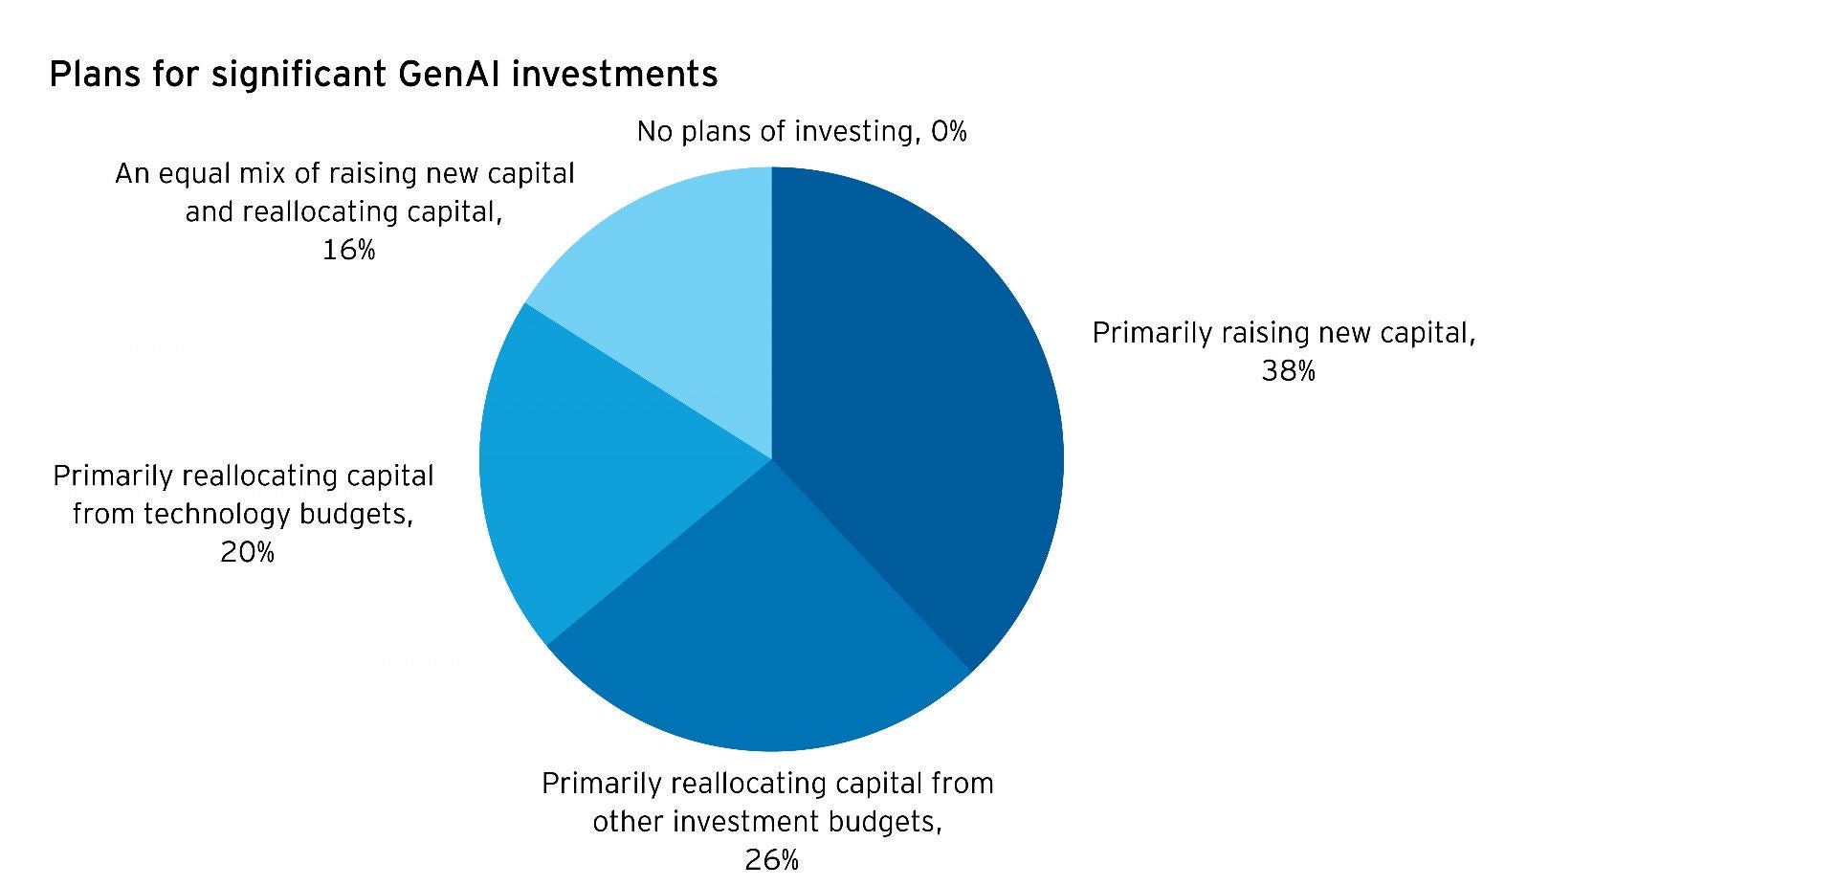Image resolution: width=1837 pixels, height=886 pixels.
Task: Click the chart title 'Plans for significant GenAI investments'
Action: click(383, 75)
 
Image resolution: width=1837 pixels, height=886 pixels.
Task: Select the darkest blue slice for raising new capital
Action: click(918, 402)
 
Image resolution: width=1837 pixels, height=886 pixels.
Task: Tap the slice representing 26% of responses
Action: click(765, 631)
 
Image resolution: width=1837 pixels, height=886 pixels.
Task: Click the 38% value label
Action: click(1288, 371)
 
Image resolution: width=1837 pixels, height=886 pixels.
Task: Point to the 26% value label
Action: click(771, 860)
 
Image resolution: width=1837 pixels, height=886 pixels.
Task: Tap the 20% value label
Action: click(247, 552)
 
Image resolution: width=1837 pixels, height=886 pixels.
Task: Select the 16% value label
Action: click(348, 250)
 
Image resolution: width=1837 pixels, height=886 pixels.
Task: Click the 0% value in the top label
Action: click(948, 131)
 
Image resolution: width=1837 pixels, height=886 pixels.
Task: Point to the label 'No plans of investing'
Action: click(773, 131)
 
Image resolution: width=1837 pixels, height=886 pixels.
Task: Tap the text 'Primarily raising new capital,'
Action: click(1284, 333)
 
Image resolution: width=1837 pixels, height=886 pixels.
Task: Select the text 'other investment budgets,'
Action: click(767, 822)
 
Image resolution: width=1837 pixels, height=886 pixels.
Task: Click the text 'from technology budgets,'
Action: click(243, 514)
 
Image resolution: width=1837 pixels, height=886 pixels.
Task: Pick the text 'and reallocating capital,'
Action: click(344, 211)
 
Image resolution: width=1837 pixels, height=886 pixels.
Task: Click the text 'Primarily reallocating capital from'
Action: click(767, 784)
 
